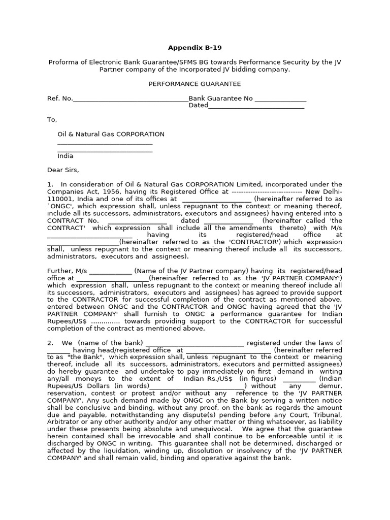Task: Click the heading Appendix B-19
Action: click(x=194, y=48)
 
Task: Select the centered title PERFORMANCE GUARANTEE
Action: click(x=194, y=84)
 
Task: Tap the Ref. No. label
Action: click(x=60, y=99)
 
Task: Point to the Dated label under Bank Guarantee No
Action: click(x=198, y=106)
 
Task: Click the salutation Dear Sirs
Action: click(x=63, y=170)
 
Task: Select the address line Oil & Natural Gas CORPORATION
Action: click(x=111, y=134)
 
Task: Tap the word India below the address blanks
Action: click(x=66, y=156)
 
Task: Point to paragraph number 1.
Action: click(x=50, y=184)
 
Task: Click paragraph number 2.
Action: click(x=50, y=343)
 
